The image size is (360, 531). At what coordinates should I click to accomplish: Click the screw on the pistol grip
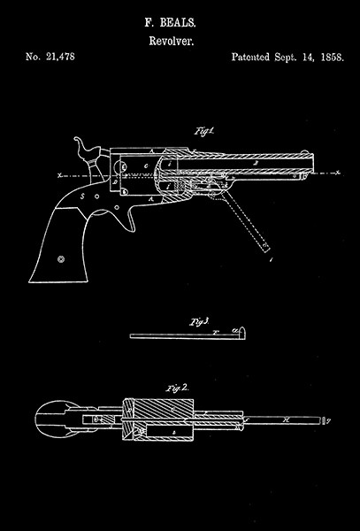pyautogui.click(x=62, y=259)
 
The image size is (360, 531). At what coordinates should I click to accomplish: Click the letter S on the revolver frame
pyautogui.click(x=81, y=196)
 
